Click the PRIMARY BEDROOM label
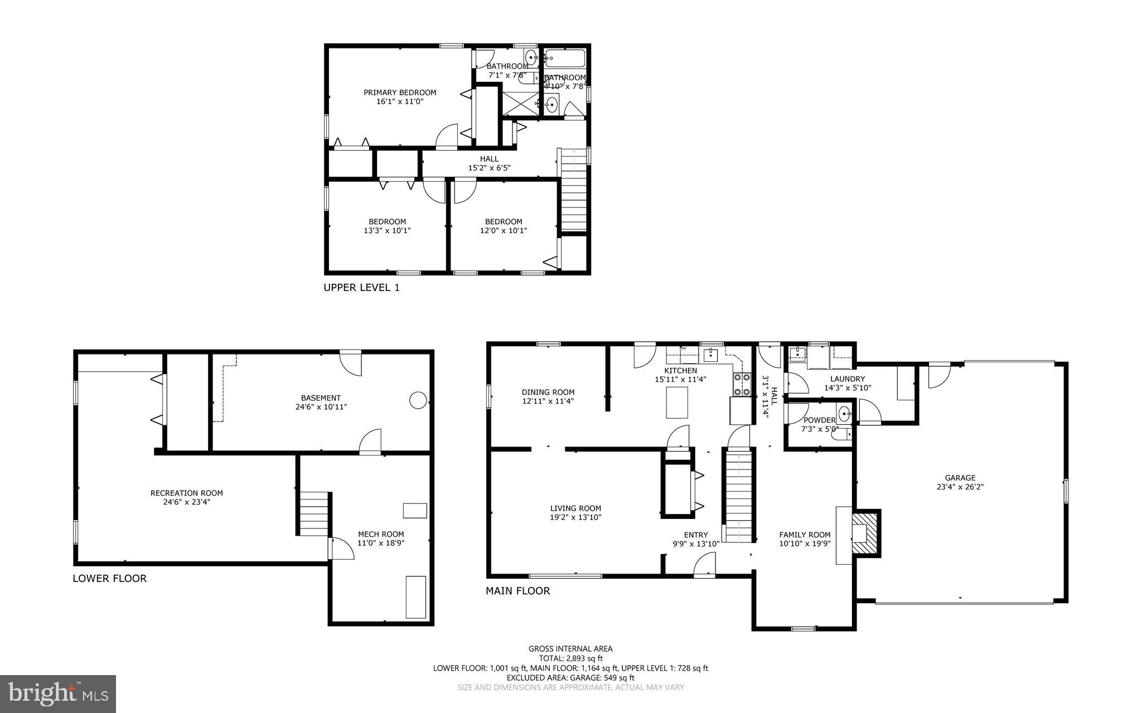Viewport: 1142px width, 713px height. pos(400,93)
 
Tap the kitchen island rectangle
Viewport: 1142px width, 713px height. pos(677,402)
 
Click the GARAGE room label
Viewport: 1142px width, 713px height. pos(960,478)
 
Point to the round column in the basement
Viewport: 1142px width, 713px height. pos(418,400)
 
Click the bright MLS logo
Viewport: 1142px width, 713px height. pos(58,693)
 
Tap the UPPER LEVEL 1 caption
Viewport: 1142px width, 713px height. pos(361,288)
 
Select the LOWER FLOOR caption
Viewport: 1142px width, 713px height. pos(110,578)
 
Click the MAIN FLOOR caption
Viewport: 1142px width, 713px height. pos(517,591)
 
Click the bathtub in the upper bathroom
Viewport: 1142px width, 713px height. pos(564,58)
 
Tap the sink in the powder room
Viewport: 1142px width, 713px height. pos(845,414)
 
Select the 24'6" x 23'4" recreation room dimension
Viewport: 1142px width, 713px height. pos(186,502)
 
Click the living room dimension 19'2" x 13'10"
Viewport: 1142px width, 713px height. pos(575,517)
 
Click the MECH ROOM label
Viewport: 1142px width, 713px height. pos(381,534)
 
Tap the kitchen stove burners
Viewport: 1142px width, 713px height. pos(742,384)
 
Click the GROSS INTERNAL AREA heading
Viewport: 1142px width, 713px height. pos(570,648)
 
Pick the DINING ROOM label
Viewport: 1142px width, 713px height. pos(548,392)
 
